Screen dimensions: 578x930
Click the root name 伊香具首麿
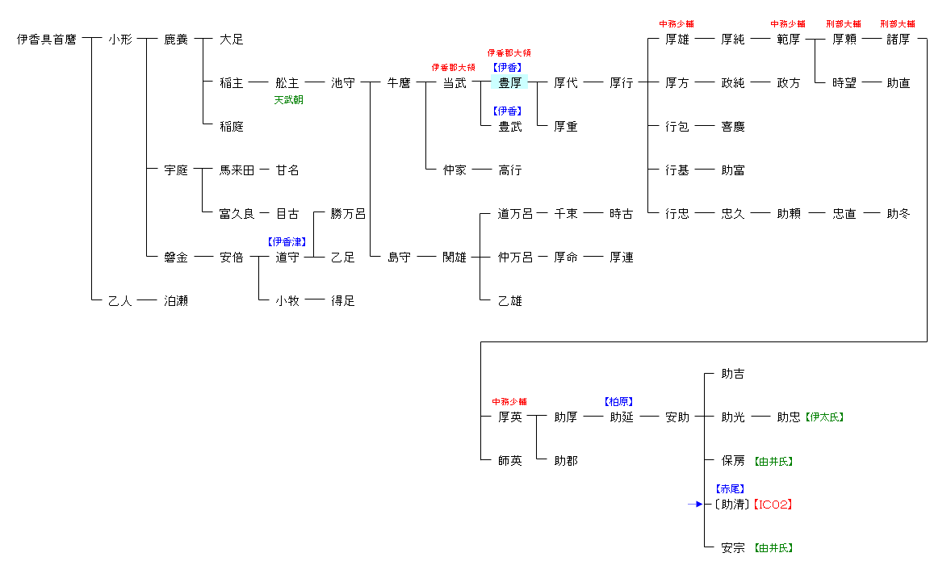tap(47, 40)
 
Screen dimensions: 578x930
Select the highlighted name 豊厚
tap(509, 82)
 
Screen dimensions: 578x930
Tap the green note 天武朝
tap(288, 100)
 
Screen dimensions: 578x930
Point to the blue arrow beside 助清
tap(696, 505)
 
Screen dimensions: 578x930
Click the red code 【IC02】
tap(772, 505)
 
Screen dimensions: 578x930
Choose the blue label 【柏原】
tap(618, 401)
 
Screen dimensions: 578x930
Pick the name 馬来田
tap(237, 170)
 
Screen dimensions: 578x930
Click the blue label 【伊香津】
tap(287, 241)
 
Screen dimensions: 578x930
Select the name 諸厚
tap(898, 40)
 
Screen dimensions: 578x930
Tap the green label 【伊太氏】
tap(823, 417)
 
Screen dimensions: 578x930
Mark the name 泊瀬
tap(176, 301)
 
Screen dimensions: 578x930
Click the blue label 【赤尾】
tap(730, 488)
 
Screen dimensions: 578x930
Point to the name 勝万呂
tap(348, 214)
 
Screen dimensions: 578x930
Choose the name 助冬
tap(898, 214)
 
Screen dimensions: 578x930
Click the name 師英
tap(510, 461)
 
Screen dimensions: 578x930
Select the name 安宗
tap(733, 548)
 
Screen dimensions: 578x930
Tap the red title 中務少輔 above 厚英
tap(509, 401)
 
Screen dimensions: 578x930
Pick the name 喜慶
tap(733, 127)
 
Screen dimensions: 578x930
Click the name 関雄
tap(455, 258)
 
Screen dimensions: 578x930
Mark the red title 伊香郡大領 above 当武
tap(453, 67)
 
